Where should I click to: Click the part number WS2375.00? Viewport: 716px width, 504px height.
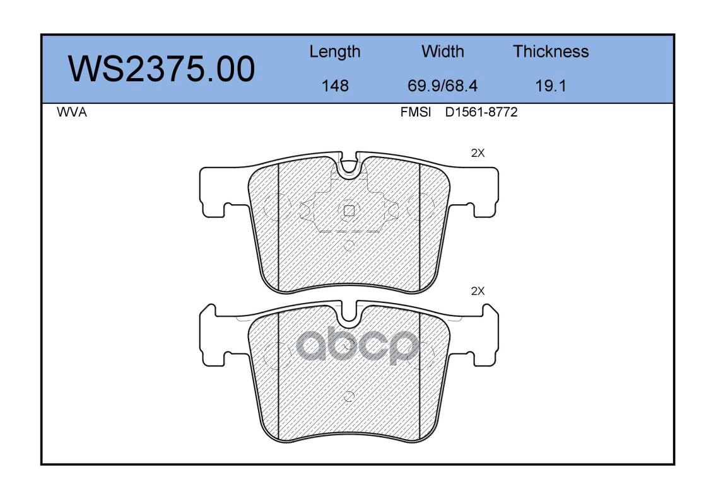click(x=161, y=69)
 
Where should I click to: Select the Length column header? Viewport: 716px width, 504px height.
click(x=335, y=52)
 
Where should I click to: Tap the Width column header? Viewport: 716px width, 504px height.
click(x=442, y=51)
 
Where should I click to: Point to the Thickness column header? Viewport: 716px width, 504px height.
click(x=551, y=51)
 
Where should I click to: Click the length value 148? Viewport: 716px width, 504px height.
click(x=335, y=86)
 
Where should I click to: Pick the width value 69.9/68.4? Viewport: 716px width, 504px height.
click(x=442, y=86)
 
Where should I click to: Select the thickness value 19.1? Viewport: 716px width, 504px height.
click(x=551, y=86)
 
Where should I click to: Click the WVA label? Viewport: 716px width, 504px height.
click(x=72, y=112)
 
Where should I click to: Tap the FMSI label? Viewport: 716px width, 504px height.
click(x=416, y=112)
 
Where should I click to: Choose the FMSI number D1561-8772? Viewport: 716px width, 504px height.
click(x=481, y=112)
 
